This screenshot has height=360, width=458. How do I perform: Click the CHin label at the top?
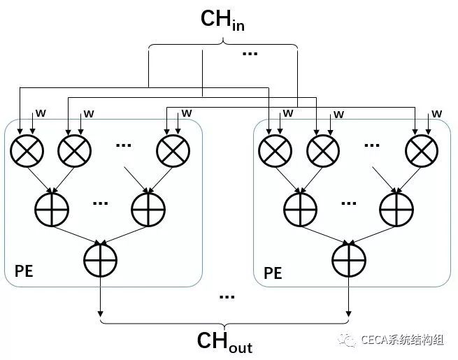point(223,20)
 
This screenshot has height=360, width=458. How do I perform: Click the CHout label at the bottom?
point(224,342)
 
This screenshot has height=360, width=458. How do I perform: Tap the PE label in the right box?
point(273,272)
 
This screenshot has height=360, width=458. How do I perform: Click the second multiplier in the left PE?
point(75,149)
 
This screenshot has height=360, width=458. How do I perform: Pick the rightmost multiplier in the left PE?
point(173,149)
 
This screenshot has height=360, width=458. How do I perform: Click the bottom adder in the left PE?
point(100,259)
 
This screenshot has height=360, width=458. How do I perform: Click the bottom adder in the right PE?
point(349,260)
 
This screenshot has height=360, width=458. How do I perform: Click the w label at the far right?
point(437,113)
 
